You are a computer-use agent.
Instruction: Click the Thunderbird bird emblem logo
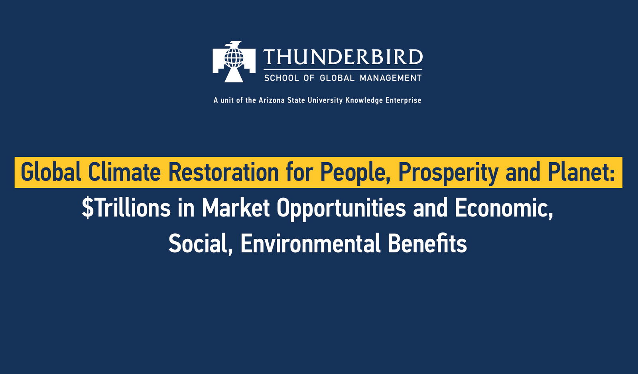point(234,62)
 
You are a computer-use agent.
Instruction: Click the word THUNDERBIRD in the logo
point(343,57)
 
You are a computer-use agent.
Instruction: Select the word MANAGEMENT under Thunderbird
point(390,78)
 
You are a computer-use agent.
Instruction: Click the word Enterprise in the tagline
point(403,100)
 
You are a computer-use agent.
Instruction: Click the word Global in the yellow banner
point(51,172)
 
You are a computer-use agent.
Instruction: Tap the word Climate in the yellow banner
point(124,172)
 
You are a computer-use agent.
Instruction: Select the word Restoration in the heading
point(223,172)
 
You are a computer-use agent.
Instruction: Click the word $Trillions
point(126,208)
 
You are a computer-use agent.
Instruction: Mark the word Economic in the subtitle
point(504,208)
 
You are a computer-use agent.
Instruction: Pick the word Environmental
point(310,244)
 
